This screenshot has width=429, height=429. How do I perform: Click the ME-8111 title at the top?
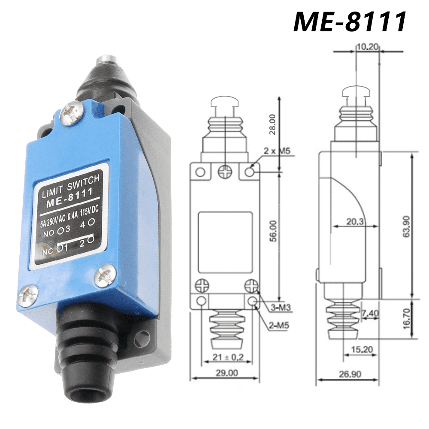(x=350, y=21)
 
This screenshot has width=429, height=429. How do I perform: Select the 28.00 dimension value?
(x=272, y=124)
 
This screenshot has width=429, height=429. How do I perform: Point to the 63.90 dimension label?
(x=405, y=226)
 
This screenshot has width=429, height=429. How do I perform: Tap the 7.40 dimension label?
(x=370, y=314)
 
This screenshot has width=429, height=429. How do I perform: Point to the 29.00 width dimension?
(x=226, y=373)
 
